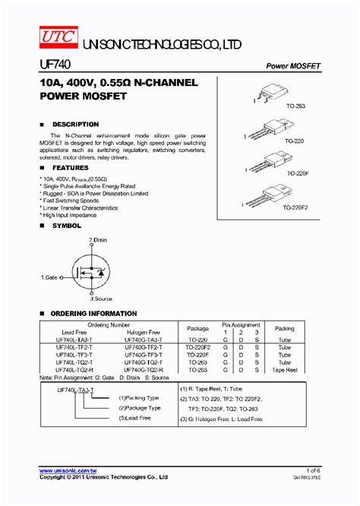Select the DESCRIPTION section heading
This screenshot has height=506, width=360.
pyautogui.click(x=74, y=124)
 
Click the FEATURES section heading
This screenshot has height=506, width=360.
pyautogui.click(x=70, y=167)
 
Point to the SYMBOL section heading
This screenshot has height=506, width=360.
pyautogui.click(x=66, y=226)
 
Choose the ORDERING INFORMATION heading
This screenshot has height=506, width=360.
pyautogui.click(x=93, y=313)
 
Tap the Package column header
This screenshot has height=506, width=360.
pyautogui.click(x=197, y=329)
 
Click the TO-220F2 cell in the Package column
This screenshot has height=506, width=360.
pyautogui.click(x=197, y=347)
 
